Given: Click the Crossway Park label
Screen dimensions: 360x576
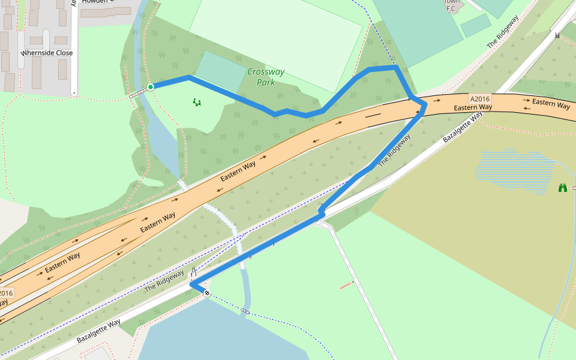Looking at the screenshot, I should (266, 77).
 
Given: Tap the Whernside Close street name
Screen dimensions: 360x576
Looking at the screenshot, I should (47, 53).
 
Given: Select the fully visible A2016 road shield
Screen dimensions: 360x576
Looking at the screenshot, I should (480, 99).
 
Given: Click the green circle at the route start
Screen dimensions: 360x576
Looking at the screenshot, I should (151, 87).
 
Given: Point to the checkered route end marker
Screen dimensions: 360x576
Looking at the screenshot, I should (206, 293).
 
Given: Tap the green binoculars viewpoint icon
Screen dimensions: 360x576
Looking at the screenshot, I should (563, 188).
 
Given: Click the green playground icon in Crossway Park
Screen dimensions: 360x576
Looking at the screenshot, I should (196, 103).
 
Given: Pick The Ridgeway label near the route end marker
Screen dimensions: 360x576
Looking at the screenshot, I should (164, 281).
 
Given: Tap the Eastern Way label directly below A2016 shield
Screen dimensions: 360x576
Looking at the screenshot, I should (473, 108).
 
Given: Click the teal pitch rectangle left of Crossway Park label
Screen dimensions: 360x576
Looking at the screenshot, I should (220, 71).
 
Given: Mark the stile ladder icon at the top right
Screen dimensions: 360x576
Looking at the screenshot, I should (557, 35).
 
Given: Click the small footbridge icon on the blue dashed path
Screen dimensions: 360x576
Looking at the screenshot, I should (245, 311).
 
